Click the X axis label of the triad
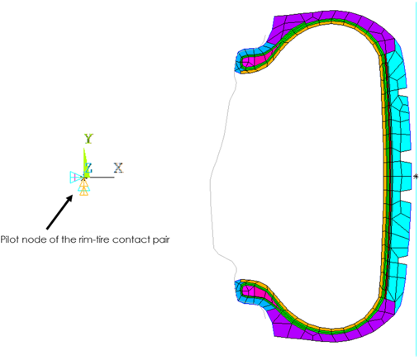118,168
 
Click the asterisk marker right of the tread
416,176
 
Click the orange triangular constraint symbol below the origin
83,189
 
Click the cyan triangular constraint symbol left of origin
74,175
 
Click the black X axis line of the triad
102,177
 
